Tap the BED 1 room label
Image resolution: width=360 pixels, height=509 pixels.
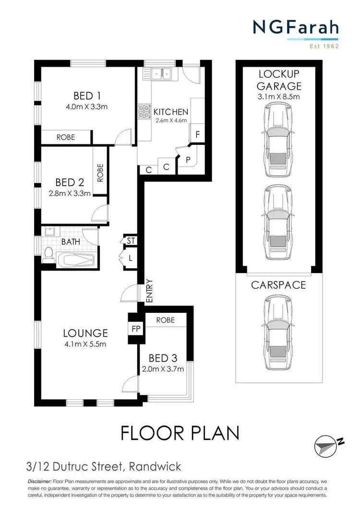coord(86,95)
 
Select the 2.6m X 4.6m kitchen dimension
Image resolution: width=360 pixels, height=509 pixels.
coord(170,120)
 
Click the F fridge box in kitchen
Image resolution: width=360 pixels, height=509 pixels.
coord(197,135)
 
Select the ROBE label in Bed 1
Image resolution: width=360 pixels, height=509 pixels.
coord(66,137)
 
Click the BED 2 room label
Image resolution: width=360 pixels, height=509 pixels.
coord(69,182)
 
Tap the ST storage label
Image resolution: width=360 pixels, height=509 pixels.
coord(129,240)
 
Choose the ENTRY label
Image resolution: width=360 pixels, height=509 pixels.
coord(149,291)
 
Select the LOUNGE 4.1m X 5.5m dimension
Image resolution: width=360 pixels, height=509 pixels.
coord(85,344)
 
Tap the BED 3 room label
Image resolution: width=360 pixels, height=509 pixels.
coord(163,358)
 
